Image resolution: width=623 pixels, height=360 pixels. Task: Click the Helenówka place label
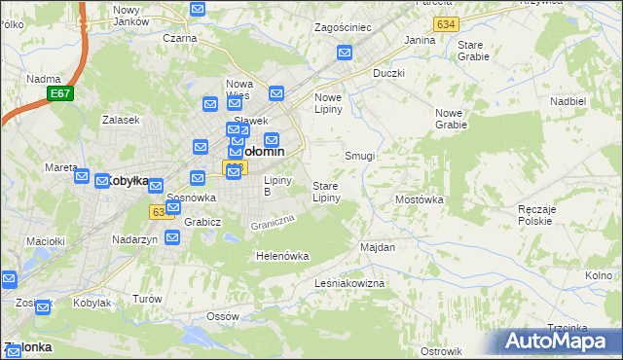tap(281, 256)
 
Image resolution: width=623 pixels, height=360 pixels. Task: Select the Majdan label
tap(378, 247)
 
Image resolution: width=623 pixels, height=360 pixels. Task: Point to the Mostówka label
tap(420, 199)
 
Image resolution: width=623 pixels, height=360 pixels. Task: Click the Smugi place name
tap(360, 156)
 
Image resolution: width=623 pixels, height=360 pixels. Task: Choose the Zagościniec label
tap(343, 27)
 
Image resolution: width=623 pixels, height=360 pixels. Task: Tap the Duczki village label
tap(388, 73)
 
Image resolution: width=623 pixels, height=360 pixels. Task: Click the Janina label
tap(420, 40)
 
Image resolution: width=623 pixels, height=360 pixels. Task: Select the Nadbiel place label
tap(568, 101)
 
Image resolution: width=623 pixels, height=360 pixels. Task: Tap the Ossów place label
tap(223, 317)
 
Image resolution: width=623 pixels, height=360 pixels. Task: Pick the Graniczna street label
tap(272, 223)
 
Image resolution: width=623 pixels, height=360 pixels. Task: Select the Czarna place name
tap(180, 38)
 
